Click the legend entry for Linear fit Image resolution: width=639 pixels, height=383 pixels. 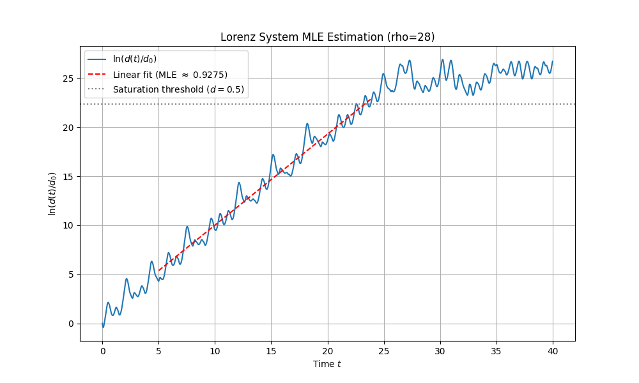pos(170,74)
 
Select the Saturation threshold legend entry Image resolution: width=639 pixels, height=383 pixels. pos(178,89)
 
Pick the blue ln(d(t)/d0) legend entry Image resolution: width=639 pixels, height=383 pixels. pos(135,59)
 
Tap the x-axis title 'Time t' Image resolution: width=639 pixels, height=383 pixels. pos(327,364)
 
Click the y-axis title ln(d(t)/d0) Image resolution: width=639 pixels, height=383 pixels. pos(52,193)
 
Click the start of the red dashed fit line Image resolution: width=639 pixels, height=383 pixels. pos(158,271)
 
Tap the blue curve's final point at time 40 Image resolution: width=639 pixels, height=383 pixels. pos(553,61)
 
